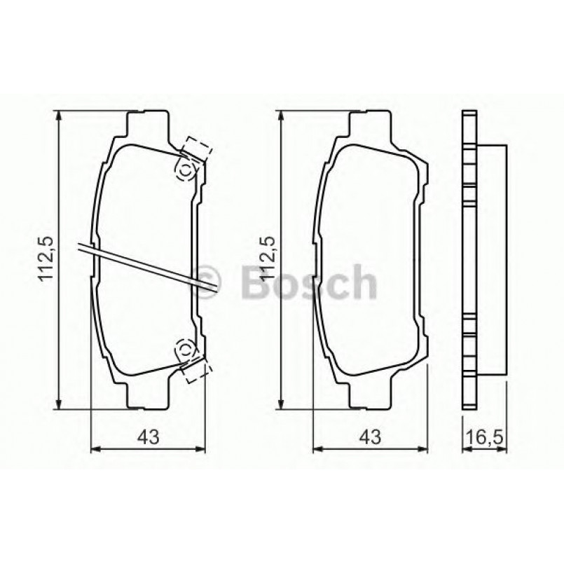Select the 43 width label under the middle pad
369,436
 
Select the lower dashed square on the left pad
195,371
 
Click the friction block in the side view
492,259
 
